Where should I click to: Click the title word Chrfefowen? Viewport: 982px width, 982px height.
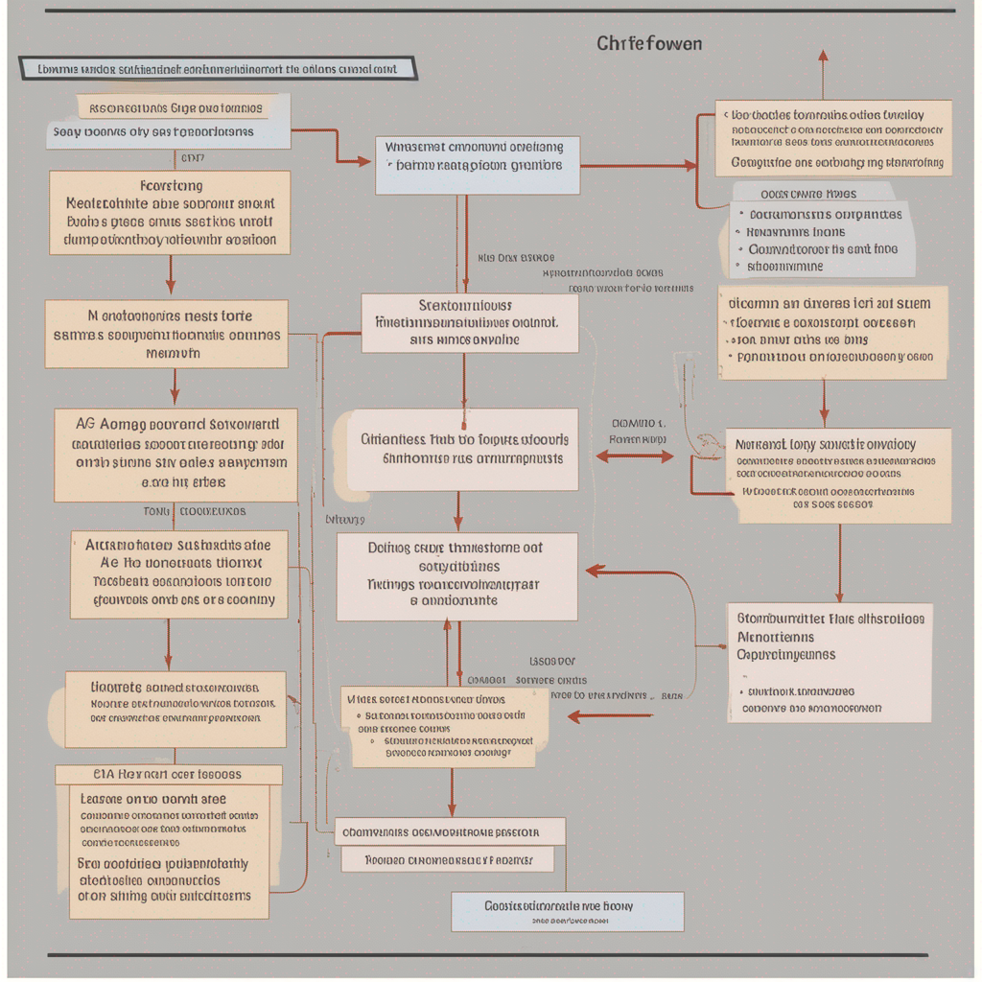[648, 44]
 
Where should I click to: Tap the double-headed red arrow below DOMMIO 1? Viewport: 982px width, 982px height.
[635, 457]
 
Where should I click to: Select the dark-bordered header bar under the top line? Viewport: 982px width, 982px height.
[218, 68]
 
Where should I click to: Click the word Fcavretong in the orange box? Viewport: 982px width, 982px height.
[171, 186]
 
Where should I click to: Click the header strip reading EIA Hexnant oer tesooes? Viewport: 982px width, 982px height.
[169, 774]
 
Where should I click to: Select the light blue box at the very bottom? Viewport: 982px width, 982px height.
[567, 911]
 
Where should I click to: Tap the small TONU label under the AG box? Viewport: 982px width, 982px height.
[156, 511]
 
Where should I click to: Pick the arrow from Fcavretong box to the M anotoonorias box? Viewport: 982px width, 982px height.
[171, 275]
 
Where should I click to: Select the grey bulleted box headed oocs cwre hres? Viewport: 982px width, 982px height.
[820, 230]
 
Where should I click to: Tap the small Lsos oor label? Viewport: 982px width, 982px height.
[552, 661]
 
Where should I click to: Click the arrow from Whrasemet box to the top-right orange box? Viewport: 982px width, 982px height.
[638, 166]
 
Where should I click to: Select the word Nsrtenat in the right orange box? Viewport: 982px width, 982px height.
[763, 445]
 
